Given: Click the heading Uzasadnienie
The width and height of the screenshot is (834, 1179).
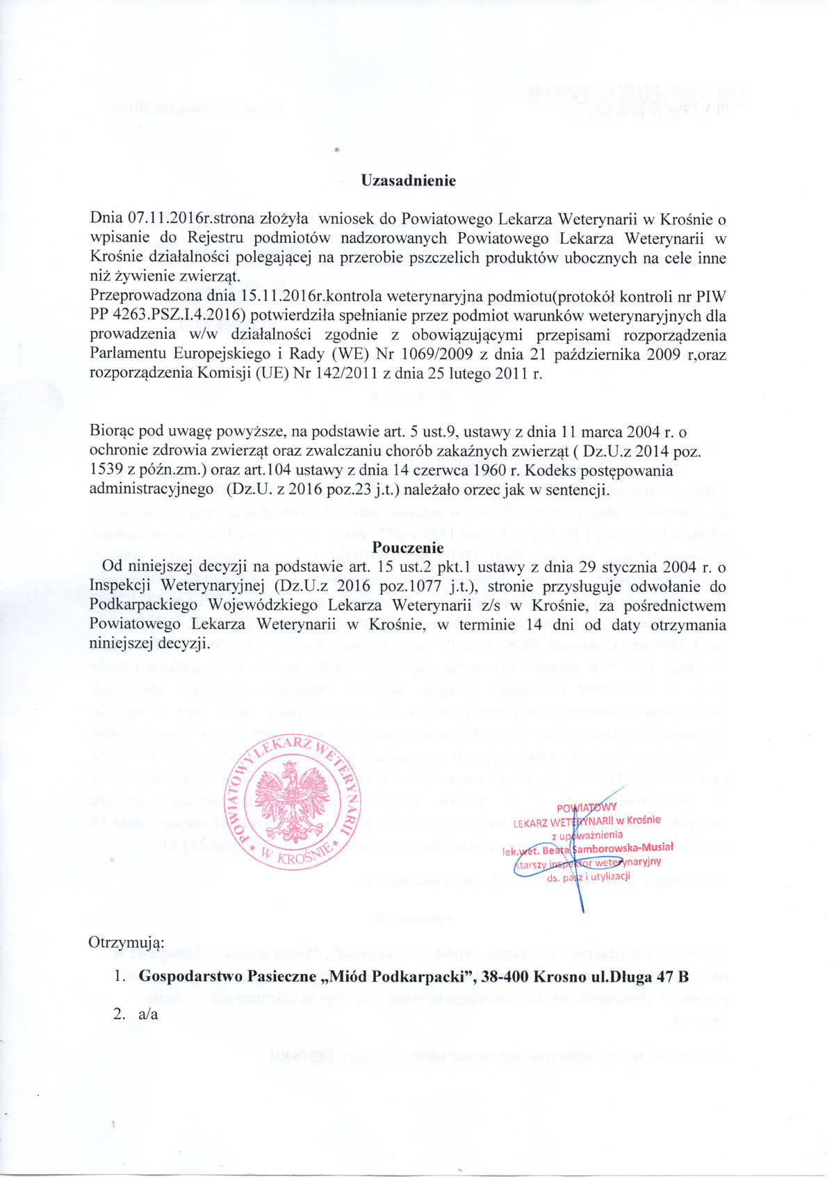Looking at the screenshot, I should [408, 181].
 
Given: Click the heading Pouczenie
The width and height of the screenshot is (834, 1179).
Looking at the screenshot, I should [408, 549].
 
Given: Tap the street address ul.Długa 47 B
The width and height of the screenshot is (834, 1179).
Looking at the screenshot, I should [639, 976].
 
